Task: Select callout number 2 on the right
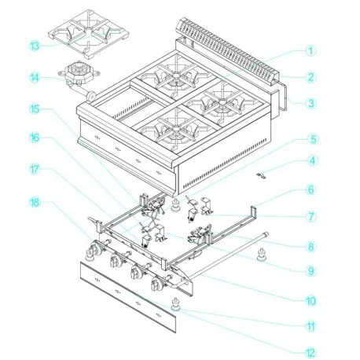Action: point(311,77)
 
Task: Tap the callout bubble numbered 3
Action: point(311,103)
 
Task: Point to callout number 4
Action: point(311,163)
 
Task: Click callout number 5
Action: point(311,139)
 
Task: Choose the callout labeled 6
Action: point(311,189)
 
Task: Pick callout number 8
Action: point(311,246)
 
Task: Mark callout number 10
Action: point(311,300)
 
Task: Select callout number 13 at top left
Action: point(35,46)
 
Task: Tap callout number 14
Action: point(35,78)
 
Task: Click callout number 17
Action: point(35,167)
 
